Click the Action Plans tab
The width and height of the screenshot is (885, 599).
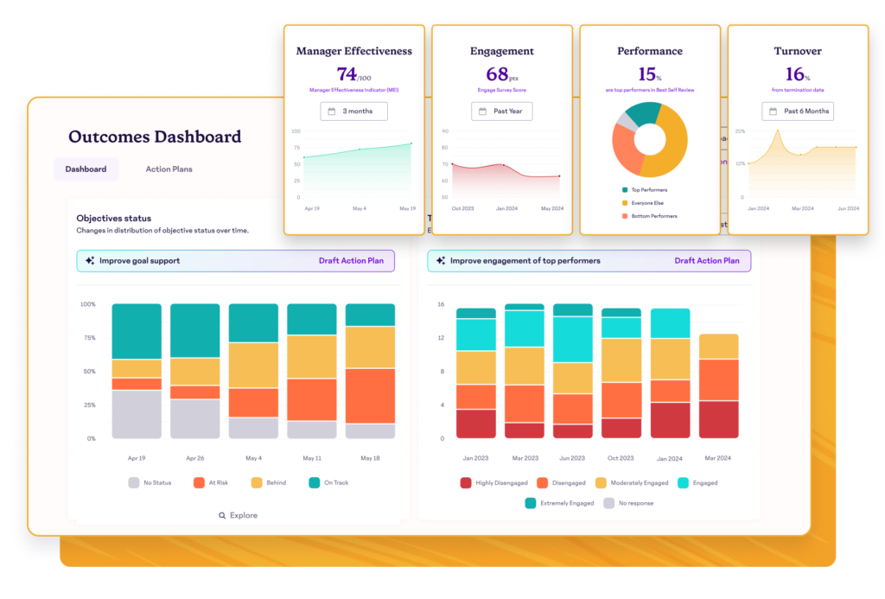click(169, 169)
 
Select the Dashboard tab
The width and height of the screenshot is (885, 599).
click(86, 169)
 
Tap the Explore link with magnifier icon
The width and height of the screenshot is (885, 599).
click(238, 515)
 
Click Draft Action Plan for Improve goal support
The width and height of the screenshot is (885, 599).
click(352, 261)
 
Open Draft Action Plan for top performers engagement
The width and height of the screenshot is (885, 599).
click(706, 261)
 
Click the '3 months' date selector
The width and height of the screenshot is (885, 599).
click(353, 112)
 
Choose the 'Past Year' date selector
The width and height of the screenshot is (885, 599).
click(501, 112)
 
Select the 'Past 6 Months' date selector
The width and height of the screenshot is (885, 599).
click(797, 112)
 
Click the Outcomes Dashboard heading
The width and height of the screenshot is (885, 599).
click(155, 137)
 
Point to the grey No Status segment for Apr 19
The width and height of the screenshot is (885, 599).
click(137, 414)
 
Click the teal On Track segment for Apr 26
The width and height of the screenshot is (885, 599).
click(194, 330)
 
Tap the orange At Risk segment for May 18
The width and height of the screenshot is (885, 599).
click(370, 396)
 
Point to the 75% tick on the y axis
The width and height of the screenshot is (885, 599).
click(88, 338)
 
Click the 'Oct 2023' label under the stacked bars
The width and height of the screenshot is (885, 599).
click(621, 458)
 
